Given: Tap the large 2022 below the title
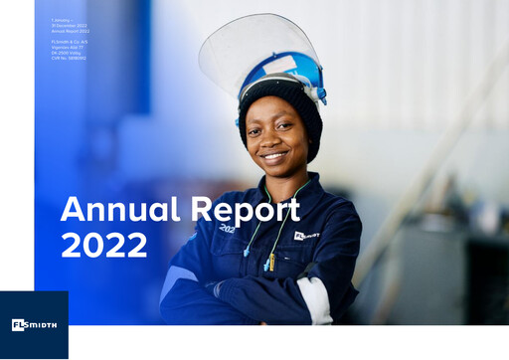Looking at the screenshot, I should pyautogui.click(x=103, y=245).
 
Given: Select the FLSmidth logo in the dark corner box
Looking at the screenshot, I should pyautogui.click(x=34, y=325).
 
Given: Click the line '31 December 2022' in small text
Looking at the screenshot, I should pyautogui.click(x=71, y=26).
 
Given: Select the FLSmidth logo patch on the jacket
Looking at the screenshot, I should pyautogui.click(x=306, y=236).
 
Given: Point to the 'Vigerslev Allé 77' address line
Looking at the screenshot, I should pyautogui.click(x=70, y=47).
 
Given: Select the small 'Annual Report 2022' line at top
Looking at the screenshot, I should pyautogui.click(x=71, y=31).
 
